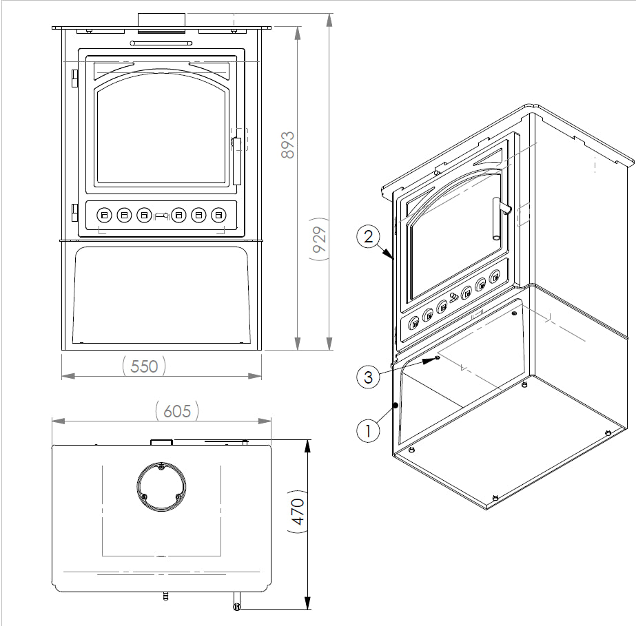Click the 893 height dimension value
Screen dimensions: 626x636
point(288,145)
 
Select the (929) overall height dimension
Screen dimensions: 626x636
point(319,241)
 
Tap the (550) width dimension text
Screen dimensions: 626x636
point(144,366)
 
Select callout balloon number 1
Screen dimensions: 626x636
point(369,431)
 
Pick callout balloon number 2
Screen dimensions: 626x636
point(369,238)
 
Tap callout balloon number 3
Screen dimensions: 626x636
point(369,377)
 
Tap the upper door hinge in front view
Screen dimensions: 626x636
point(74,78)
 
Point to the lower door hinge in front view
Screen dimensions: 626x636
point(74,213)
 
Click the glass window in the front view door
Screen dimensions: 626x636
point(161,134)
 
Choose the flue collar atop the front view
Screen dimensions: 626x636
point(162,21)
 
